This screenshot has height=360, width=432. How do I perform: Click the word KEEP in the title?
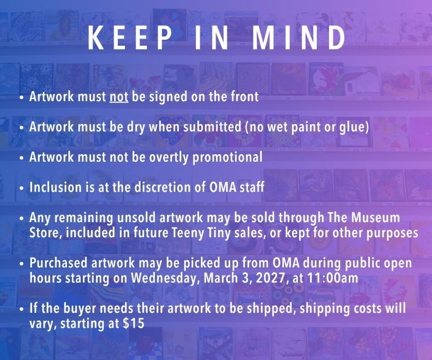[129, 38]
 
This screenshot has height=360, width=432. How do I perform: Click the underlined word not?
[119, 97]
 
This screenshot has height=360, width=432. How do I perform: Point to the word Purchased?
[58, 263]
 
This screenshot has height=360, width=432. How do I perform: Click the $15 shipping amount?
[133, 323]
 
